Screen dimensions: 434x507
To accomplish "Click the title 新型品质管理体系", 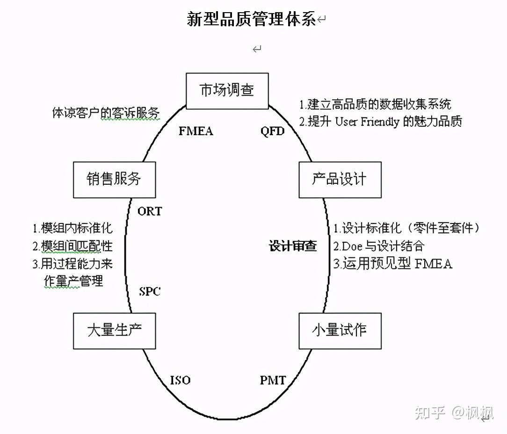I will [251, 20].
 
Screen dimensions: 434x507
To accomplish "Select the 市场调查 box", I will [227, 91].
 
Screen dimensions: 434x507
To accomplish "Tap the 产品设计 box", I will [340, 179].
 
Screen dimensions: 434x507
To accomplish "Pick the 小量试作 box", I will [340, 330].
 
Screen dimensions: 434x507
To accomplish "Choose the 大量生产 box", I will [115, 330].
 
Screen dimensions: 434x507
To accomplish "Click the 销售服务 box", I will [115, 179].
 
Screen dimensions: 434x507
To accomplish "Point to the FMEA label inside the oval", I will [196, 131].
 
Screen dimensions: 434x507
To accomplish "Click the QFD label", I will [272, 131].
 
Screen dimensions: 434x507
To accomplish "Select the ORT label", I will [150, 211].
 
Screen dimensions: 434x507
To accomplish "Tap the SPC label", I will [150, 292].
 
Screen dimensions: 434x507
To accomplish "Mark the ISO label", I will [180, 380].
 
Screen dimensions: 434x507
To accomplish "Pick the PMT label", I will [273, 380].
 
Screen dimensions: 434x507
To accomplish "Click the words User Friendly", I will [367, 122].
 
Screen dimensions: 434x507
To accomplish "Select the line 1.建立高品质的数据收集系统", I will [376, 104].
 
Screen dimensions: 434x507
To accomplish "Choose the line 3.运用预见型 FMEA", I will [392, 264].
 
